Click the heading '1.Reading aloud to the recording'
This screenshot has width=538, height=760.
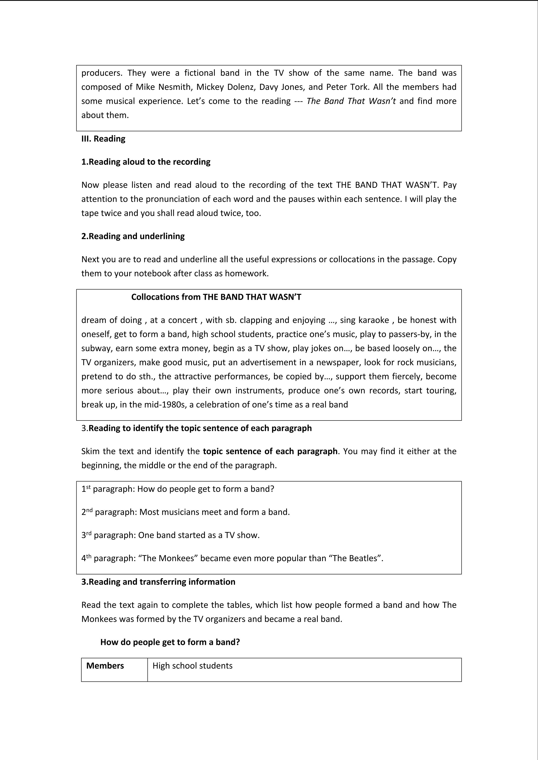(146, 162)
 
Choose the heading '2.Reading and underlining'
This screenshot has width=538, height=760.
(133, 236)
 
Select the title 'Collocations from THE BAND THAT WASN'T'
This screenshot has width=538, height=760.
(216, 297)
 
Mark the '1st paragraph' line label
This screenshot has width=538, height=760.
(108, 489)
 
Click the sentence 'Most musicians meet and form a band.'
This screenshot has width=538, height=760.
(214, 512)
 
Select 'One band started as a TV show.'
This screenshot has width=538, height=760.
(199, 535)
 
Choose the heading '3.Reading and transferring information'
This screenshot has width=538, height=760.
(158, 582)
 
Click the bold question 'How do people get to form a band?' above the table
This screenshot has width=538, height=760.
(170, 642)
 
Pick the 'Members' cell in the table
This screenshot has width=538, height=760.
(105, 666)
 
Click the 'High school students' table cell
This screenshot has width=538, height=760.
(193, 666)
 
